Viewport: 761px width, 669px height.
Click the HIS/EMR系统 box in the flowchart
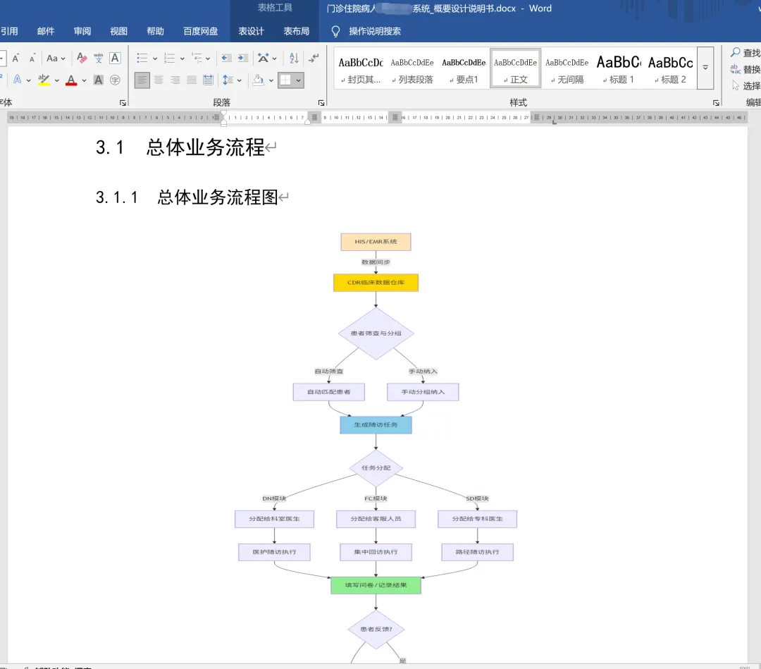point(376,242)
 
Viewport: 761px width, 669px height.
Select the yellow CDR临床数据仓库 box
point(376,283)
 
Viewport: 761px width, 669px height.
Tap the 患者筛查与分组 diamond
point(376,333)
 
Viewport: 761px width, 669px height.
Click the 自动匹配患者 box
point(328,392)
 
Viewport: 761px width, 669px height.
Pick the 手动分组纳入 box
point(423,392)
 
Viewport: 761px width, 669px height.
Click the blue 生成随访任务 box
point(376,425)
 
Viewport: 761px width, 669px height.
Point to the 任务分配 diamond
point(376,468)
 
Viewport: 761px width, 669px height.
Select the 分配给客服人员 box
point(376,519)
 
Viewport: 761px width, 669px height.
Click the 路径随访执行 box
point(477,552)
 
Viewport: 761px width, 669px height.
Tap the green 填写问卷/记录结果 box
point(376,585)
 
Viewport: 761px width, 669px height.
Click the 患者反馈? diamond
point(376,630)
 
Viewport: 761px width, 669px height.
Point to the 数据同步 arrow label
point(376,262)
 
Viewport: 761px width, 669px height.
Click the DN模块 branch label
point(274,499)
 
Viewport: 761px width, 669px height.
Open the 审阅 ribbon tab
point(82,31)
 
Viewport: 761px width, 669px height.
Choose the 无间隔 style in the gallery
point(567,69)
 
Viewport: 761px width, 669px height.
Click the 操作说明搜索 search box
point(375,31)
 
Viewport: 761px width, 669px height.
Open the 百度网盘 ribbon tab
point(201,31)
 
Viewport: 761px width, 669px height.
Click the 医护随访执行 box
point(274,552)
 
